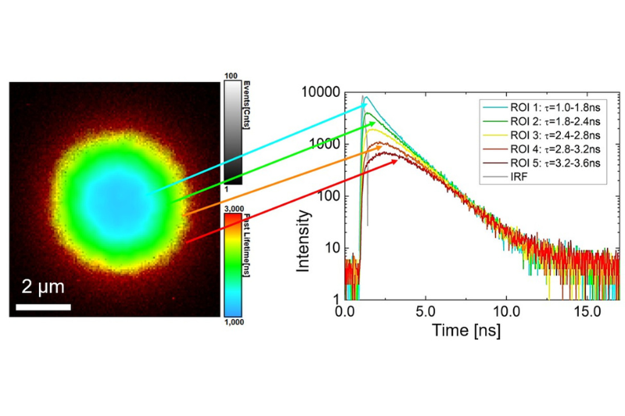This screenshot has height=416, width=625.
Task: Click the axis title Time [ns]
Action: tap(466, 329)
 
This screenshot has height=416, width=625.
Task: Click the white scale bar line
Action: tap(44, 306)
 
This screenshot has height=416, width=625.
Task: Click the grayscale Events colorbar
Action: tap(232, 133)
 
